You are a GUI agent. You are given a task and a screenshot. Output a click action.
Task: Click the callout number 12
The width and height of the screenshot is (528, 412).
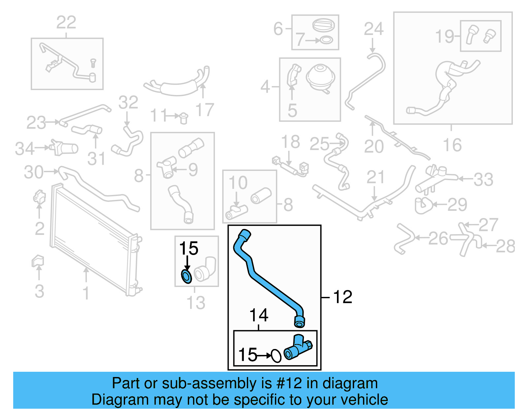click(x=343, y=297)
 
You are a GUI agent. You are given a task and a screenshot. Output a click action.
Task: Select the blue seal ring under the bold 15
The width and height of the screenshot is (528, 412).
click(x=186, y=276)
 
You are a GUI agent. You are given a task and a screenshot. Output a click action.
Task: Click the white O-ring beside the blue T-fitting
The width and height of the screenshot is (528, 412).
click(x=276, y=356)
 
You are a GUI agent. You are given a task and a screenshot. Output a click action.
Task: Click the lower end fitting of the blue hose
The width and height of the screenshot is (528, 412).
click(x=299, y=322)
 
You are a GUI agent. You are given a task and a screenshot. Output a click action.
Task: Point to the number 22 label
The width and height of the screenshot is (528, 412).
click(x=66, y=22)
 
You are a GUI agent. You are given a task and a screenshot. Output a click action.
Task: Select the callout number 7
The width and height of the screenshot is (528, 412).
click(x=300, y=40)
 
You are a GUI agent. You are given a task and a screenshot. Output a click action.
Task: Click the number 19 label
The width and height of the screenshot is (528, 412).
click(x=445, y=36)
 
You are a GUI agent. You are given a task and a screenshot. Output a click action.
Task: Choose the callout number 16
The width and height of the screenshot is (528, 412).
click(x=452, y=145)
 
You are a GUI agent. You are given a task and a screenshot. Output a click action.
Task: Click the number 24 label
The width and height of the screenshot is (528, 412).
click(x=374, y=29)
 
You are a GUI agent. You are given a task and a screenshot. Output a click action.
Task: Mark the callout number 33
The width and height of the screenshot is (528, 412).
click(x=483, y=179)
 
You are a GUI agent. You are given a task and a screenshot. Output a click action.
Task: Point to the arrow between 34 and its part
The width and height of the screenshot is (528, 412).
click(x=42, y=147)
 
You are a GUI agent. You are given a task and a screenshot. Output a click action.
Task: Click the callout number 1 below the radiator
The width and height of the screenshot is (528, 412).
click(x=86, y=293)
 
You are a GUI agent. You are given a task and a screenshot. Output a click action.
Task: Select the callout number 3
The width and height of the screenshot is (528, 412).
click(x=39, y=291)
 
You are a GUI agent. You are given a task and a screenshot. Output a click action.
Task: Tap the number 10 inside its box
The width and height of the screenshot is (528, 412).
click(x=238, y=182)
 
